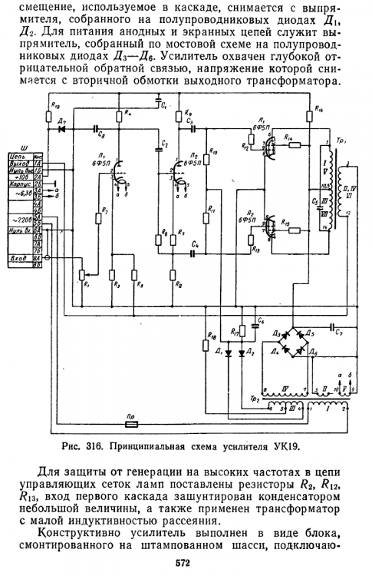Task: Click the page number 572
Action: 183,565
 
